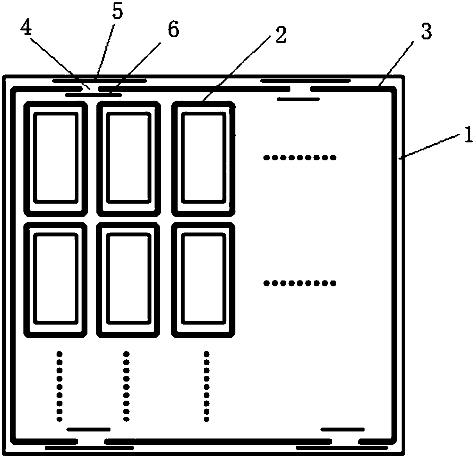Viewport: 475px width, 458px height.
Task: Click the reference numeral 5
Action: coord(117,12)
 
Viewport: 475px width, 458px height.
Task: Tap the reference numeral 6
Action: coord(173,30)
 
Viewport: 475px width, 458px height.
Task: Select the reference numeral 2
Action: coord(280,35)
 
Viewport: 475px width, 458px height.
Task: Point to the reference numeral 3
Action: coord(426,32)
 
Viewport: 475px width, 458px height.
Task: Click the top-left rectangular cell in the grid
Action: coord(55,158)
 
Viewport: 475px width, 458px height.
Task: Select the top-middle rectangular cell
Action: coord(128,158)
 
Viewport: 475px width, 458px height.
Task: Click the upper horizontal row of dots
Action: coord(299,158)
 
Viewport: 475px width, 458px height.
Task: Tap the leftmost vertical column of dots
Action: coord(59,386)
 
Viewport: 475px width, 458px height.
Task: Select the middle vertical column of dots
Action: coord(126,386)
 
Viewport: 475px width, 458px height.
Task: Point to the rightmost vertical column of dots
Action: coord(206,386)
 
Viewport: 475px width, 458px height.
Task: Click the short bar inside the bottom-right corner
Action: coord(342,429)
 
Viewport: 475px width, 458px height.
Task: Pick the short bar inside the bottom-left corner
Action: coord(88,429)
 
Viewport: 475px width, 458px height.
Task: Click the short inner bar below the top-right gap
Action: coord(298,99)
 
